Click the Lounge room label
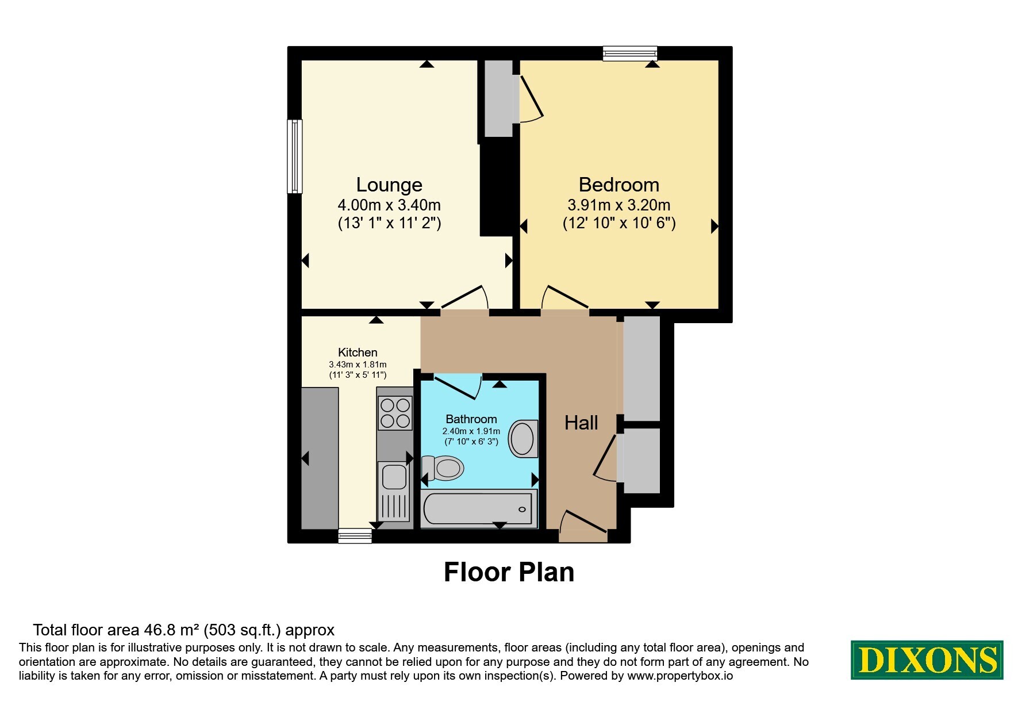click(389, 185)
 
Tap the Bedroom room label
click(619, 185)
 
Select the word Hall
click(581, 423)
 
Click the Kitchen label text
click(358, 352)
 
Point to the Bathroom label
click(471, 419)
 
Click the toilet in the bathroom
click(442, 467)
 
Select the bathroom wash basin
click(524, 439)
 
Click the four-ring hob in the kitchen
click(395, 413)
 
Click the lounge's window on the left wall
click(295, 156)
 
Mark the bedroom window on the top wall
click(630, 53)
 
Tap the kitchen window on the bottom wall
click(355, 536)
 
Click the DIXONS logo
click(927, 660)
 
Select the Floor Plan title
click(509, 572)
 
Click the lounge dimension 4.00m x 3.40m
click(389, 205)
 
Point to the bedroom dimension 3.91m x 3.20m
click(619, 205)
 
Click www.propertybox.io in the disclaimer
click(680, 676)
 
